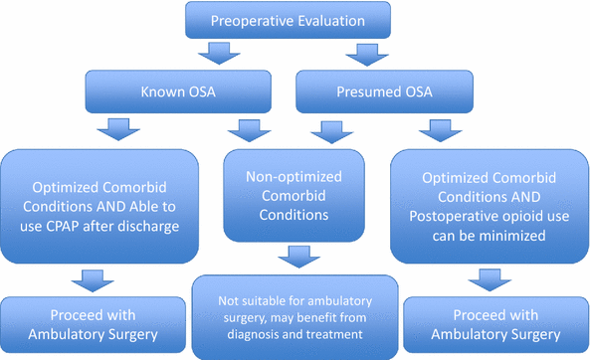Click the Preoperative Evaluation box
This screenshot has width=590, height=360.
295,20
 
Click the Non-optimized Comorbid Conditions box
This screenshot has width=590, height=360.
295,195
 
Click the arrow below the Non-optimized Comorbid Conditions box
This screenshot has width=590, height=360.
295,258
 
